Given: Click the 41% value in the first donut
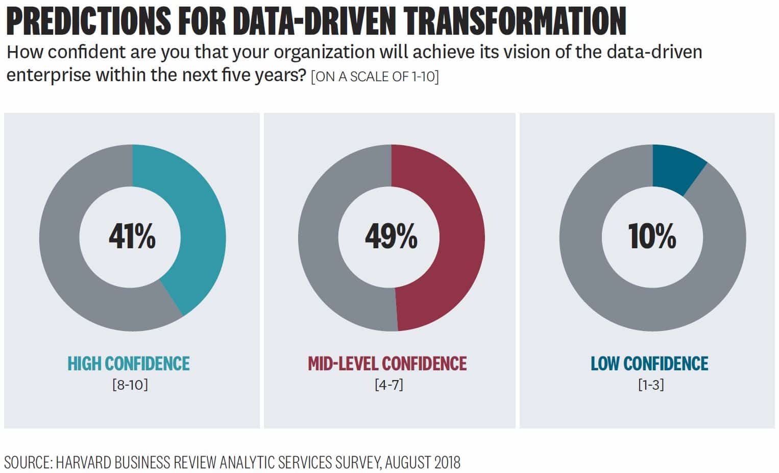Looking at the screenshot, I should coord(132,237).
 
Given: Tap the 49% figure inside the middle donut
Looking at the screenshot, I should coord(391,237).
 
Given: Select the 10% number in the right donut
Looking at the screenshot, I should coord(652,237).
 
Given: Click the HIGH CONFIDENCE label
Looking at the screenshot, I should coord(129,364).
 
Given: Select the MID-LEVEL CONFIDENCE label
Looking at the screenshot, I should coord(387,364).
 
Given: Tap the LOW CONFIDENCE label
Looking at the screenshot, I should coord(649,364).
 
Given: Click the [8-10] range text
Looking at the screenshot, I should coord(130,384).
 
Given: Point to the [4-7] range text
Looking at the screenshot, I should coord(389,384).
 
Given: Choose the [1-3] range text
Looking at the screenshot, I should coord(651,384).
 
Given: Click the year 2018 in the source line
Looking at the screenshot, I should coord(447,463).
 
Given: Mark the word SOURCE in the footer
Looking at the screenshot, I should coord(27,463).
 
